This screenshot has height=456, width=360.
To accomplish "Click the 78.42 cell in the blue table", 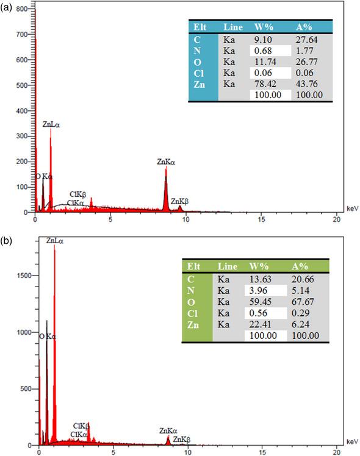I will click(x=264, y=84).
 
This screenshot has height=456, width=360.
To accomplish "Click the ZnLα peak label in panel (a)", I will click(x=52, y=124).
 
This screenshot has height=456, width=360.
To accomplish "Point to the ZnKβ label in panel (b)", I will click(x=181, y=439).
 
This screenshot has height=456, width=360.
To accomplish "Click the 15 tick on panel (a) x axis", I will click(x=261, y=218).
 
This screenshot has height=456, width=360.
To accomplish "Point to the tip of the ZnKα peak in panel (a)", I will click(x=166, y=169).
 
